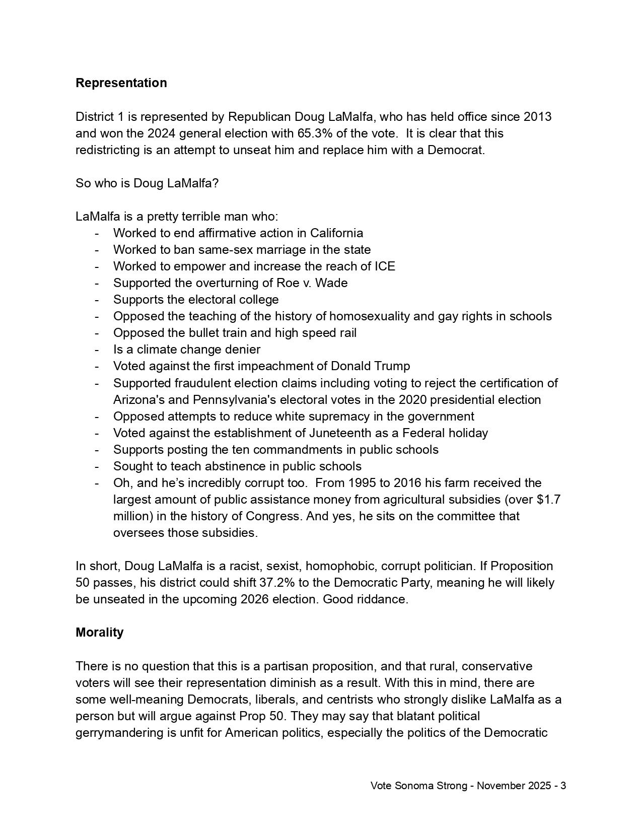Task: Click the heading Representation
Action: pyautogui.click(x=121, y=83)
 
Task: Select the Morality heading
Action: pyautogui.click(x=99, y=633)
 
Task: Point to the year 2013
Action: pyautogui.click(x=537, y=117)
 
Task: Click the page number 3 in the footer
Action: pyautogui.click(x=563, y=786)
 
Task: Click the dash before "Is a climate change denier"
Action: pyautogui.click(x=96, y=350)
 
